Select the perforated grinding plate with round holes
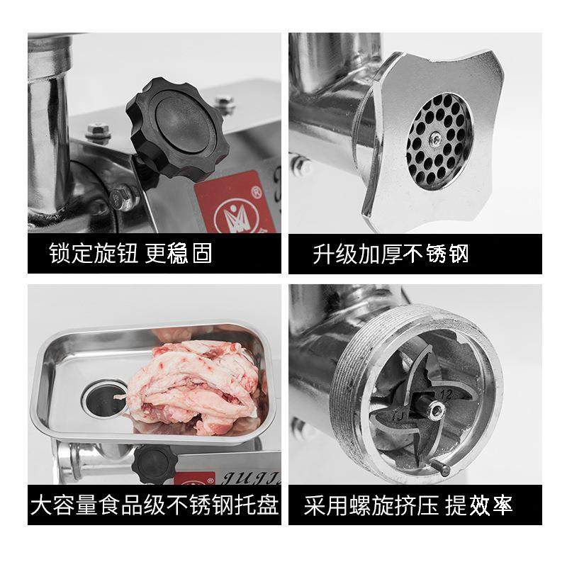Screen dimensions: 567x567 pos(439,142)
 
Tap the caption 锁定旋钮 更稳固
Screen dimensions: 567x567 pos(131,253)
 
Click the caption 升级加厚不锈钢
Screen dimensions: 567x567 pos(391,253)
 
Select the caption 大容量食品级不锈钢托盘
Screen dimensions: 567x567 pos(155,506)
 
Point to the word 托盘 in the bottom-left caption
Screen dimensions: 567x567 pos(258,506)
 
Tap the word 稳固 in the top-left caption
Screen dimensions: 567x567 pos(191,253)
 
